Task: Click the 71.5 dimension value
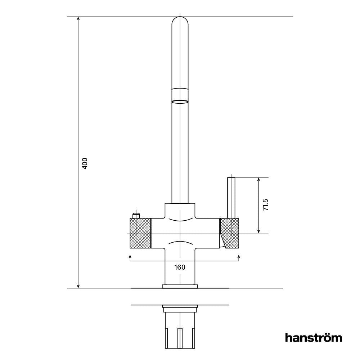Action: pos(265,204)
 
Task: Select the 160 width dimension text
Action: pos(180,267)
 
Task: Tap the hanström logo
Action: pos(313,338)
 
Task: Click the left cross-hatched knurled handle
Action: pos(140,233)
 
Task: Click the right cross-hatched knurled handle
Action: pos(230,233)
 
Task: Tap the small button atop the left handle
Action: pos(136,216)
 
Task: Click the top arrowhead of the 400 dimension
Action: pos(78,19)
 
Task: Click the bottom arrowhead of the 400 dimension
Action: pos(78,286)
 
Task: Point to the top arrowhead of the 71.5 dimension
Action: pos(258,180)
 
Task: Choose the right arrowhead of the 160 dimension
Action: pos(239,256)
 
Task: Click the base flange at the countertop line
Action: pos(180,287)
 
